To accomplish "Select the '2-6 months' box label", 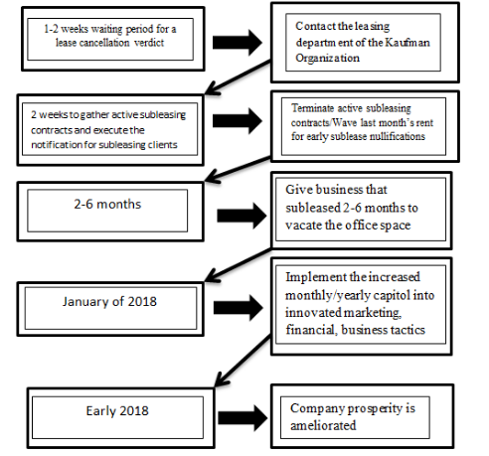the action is click(x=107, y=204).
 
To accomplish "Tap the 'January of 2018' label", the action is click(x=109, y=301).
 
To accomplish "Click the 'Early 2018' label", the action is click(x=117, y=411).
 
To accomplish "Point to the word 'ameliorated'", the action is click(x=323, y=425).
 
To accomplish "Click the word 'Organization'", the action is click(x=327, y=58).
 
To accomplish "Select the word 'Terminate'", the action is click(x=312, y=108).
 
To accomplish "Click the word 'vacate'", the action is click(x=303, y=226).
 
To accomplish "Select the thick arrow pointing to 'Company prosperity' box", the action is click(x=243, y=418).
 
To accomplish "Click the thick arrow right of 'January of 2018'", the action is click(x=239, y=308).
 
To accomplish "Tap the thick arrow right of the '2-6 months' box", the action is click(x=242, y=216).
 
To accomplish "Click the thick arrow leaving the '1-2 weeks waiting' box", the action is click(x=238, y=43).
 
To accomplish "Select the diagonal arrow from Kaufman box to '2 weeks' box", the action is click(x=238, y=77).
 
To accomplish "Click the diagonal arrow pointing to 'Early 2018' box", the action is click(x=243, y=361).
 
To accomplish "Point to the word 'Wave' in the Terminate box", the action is click(x=345, y=123).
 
